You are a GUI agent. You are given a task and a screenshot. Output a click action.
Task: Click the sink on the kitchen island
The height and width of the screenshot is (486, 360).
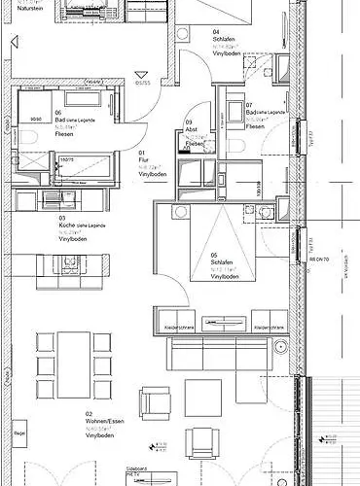[x=70, y=261]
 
